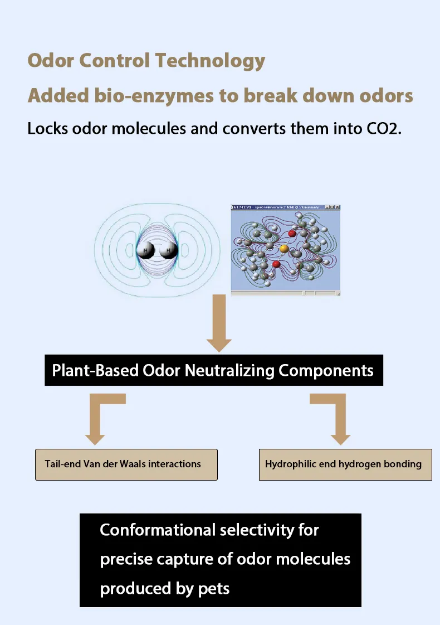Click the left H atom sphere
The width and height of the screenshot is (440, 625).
point(146,251)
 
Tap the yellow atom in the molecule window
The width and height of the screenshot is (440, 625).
point(283,248)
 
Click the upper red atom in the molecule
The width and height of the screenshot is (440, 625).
point(292,233)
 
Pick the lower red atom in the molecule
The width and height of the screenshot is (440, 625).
point(276,264)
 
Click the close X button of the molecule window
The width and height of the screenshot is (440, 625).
point(336,207)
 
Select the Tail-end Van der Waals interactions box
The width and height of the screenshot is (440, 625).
point(126,464)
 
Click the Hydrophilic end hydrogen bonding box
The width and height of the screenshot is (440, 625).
point(345,464)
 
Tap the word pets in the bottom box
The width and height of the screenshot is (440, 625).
point(214,589)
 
